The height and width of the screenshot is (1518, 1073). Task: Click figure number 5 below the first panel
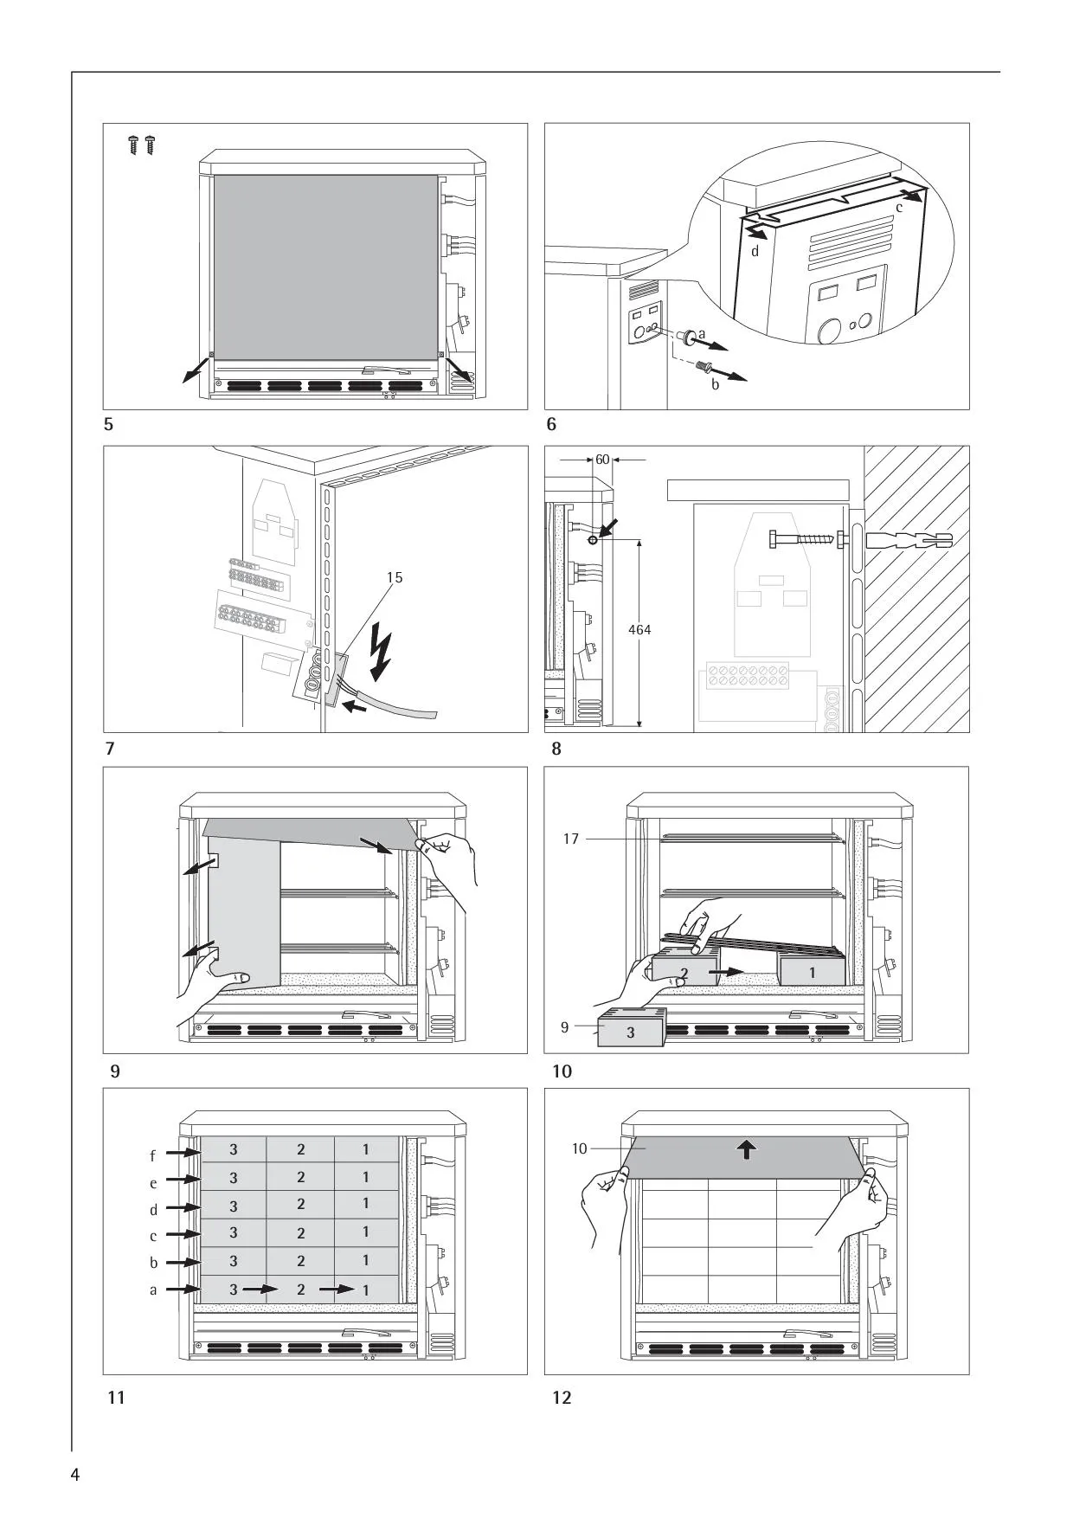tap(108, 425)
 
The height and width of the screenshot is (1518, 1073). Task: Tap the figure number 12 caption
tap(562, 1398)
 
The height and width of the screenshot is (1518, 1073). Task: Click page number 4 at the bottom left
tap(75, 1475)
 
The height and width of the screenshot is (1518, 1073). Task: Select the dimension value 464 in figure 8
tap(639, 630)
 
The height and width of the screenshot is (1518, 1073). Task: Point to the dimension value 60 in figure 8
tap(602, 459)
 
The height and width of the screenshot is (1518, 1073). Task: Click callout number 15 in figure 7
tap(394, 577)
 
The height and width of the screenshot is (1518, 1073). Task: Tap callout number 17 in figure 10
tap(570, 839)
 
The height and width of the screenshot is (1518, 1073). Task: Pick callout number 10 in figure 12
tap(579, 1148)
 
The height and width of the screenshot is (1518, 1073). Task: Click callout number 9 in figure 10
tap(565, 1027)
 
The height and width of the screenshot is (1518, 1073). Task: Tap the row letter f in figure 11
tap(153, 1156)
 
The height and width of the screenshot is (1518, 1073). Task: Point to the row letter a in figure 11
tap(153, 1290)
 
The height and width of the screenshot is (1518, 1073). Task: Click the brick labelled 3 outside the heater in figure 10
tap(631, 1028)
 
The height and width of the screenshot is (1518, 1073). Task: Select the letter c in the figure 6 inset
tap(899, 208)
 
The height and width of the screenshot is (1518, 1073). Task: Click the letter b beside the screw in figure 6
tap(715, 384)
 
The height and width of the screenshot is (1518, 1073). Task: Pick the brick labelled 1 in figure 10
tap(812, 968)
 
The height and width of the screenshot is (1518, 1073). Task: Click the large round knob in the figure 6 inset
tap(828, 331)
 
